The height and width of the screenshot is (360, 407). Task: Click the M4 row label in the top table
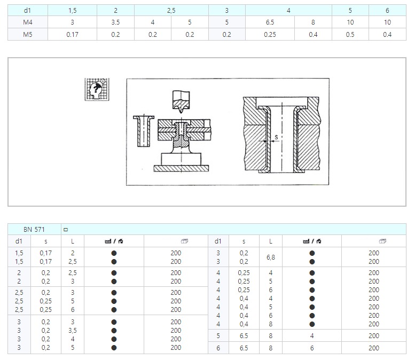28,22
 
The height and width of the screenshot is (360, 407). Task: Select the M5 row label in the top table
28,35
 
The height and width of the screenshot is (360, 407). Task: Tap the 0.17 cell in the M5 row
72,35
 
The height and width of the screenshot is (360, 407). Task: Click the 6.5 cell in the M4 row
270,22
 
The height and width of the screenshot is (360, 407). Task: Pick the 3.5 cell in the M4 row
115,22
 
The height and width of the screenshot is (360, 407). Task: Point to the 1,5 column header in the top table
73,10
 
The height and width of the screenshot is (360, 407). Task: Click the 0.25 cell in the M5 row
270,35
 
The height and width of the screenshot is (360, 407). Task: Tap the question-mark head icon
97,89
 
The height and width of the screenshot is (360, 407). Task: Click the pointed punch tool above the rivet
181,101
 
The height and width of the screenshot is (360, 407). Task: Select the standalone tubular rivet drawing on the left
144,131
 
